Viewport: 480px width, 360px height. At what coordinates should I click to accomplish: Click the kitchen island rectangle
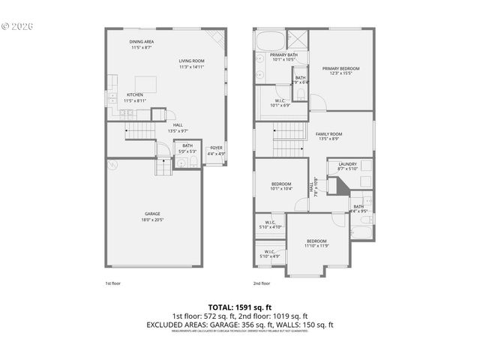coord(145,82)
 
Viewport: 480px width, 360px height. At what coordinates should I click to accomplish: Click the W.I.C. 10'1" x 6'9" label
coord(280,103)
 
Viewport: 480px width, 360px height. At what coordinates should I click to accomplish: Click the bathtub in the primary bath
coord(270,40)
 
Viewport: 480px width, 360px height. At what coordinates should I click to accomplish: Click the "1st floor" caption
coord(112,283)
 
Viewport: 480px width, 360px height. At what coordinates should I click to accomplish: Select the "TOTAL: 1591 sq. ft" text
coord(239,307)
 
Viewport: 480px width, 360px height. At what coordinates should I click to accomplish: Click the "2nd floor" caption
coord(261,283)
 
